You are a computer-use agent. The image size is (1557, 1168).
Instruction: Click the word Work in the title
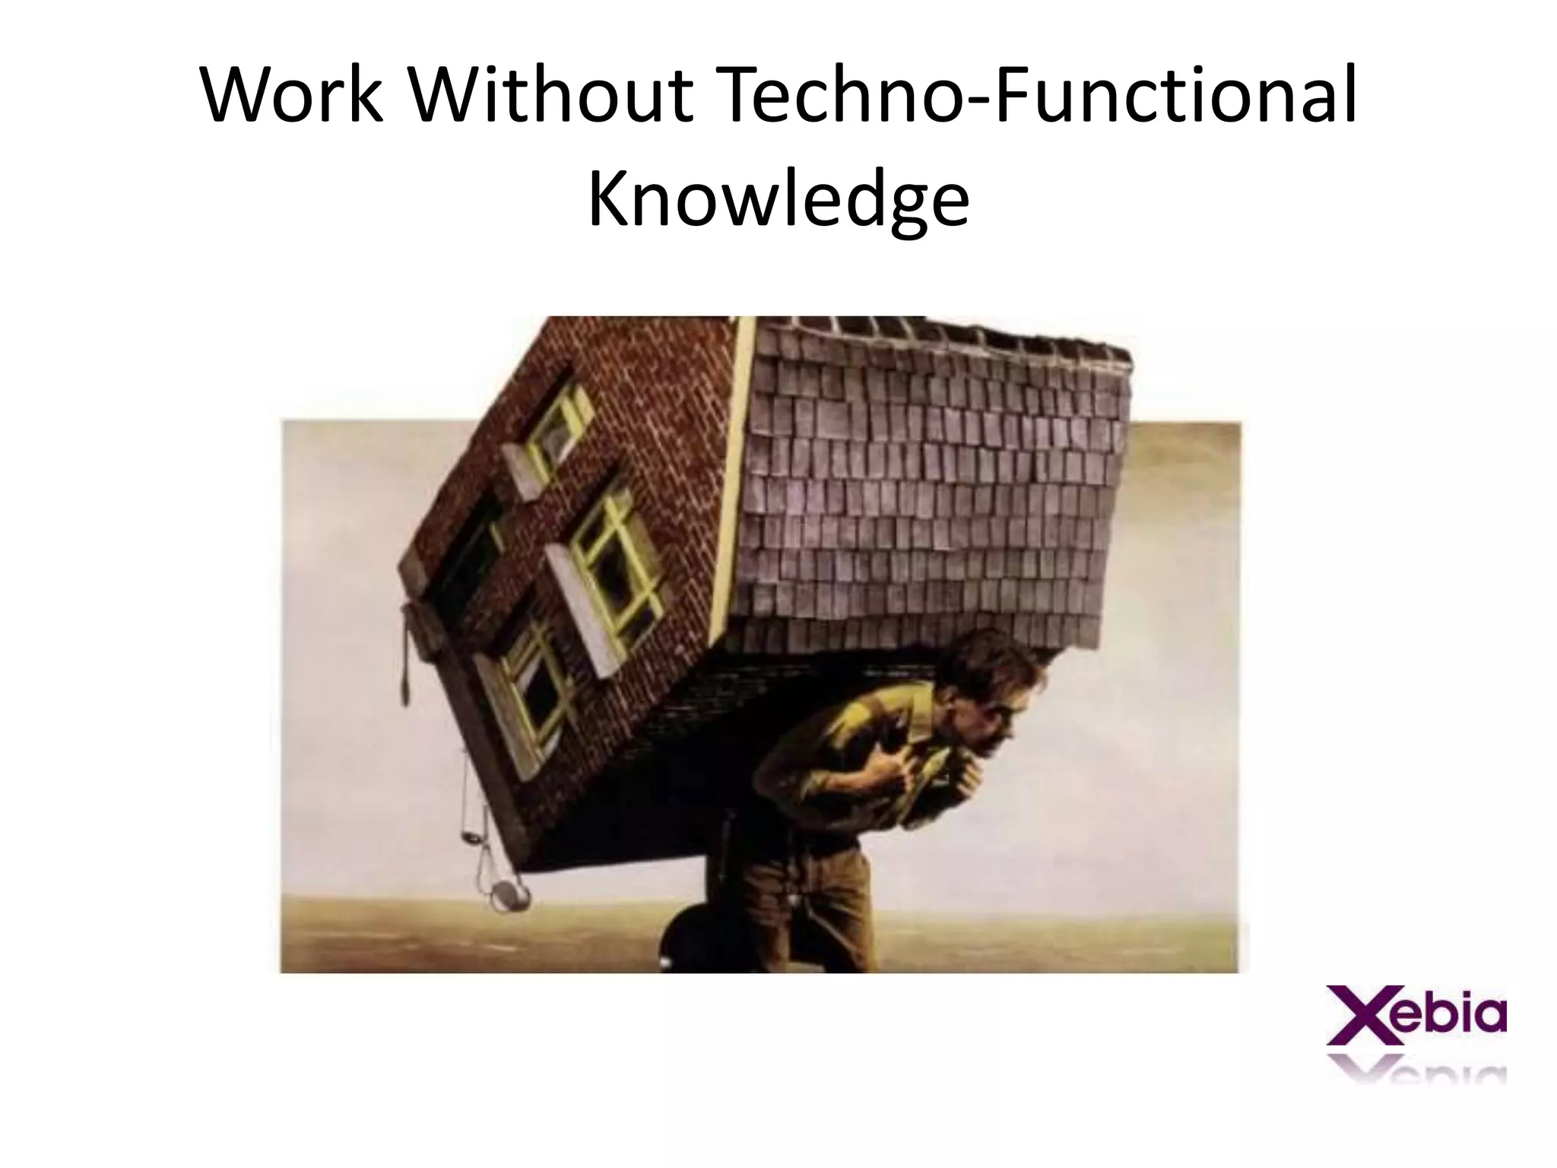pos(293,97)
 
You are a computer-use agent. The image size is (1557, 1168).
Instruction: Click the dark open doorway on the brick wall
pos(464,555)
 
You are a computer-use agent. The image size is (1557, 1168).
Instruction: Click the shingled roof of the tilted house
pos(935,487)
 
